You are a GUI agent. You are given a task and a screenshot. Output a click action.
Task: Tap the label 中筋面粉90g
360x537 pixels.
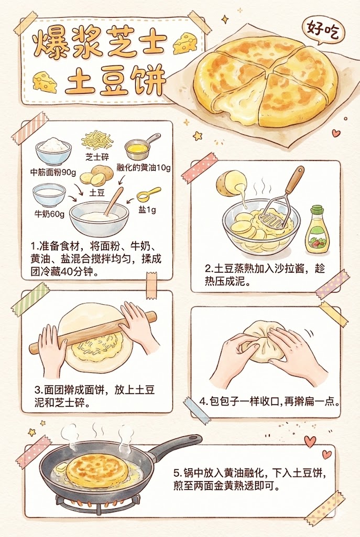coord(52,171)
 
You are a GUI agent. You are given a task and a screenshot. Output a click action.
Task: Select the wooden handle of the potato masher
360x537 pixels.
coord(294,183)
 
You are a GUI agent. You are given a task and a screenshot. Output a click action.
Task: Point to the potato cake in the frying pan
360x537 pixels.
coord(96,469)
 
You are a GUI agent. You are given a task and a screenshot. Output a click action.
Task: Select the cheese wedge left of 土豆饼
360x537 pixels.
coord(45,82)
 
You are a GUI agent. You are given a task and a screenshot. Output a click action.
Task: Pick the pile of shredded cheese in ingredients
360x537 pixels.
coord(97,141)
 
